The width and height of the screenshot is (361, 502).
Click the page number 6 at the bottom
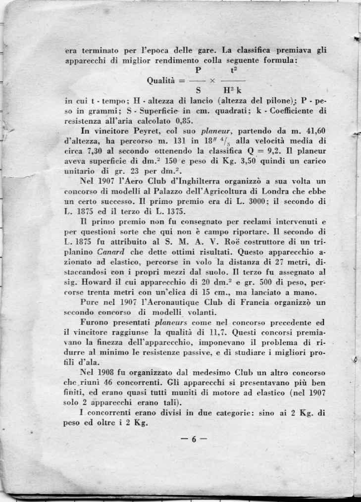click(196, 438)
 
